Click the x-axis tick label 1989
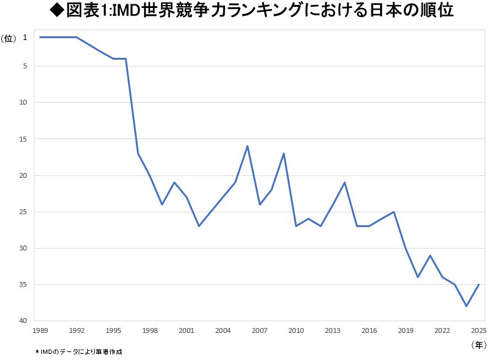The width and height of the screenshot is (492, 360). pyautogui.click(x=40, y=330)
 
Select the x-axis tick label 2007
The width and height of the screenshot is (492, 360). pyautogui.click(x=259, y=330)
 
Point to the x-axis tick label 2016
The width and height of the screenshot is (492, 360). pyautogui.click(x=369, y=330)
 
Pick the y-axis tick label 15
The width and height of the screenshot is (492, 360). pyautogui.click(x=24, y=139)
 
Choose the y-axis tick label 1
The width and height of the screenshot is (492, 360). pyautogui.click(x=25, y=38)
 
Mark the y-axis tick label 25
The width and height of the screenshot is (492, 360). pyautogui.click(x=24, y=212)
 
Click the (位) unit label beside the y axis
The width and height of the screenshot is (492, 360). pyautogui.click(x=9, y=38)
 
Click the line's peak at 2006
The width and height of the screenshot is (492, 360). pyautogui.click(x=247, y=146)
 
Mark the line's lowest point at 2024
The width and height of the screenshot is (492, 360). pyautogui.click(x=467, y=306)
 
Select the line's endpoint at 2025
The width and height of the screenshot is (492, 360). pyautogui.click(x=478, y=284)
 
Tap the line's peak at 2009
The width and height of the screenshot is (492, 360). pyautogui.click(x=284, y=153)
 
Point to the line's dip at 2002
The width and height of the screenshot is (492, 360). pyautogui.click(x=199, y=226)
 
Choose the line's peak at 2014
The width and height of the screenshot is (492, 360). pyautogui.click(x=344, y=182)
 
